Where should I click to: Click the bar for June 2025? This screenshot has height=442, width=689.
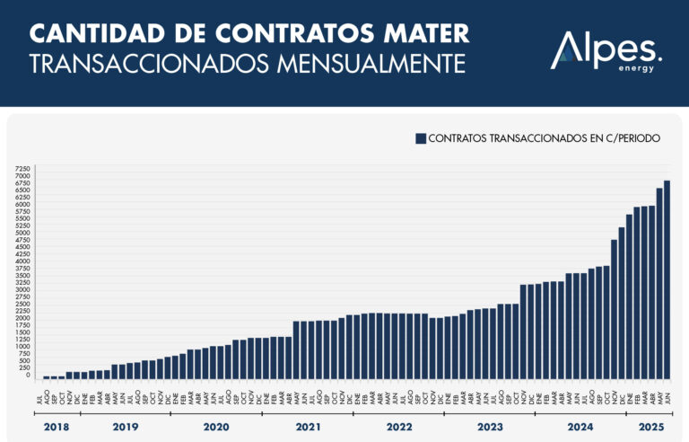[x=667, y=278]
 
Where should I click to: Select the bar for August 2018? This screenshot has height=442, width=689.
[x=46, y=376]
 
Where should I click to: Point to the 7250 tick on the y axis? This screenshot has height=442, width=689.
[x=23, y=169]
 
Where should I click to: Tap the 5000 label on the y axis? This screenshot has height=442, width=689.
[x=23, y=233]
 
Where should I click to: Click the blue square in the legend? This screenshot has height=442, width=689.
[x=419, y=138]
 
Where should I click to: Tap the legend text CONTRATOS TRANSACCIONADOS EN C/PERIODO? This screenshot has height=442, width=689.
[x=544, y=138]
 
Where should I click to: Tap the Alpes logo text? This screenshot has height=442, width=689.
[x=606, y=48]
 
